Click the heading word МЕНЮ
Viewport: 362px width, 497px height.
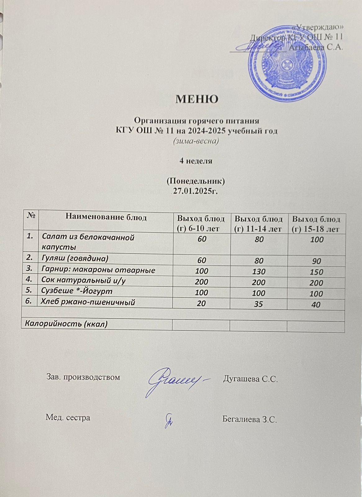coord(197,99)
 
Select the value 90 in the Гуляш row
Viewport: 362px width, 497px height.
coord(317,261)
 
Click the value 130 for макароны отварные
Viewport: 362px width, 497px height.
coord(259,271)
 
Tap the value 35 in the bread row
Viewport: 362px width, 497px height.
coord(259,304)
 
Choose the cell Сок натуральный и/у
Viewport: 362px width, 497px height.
coord(83,280)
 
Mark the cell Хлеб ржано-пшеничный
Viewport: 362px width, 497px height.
coord(88,302)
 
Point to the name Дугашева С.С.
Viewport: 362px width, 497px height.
coord(250,379)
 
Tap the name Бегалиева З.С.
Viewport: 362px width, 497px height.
coord(249,420)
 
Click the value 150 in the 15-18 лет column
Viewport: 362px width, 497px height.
coord(317,272)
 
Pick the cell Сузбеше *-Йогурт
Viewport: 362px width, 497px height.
coord(77,291)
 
